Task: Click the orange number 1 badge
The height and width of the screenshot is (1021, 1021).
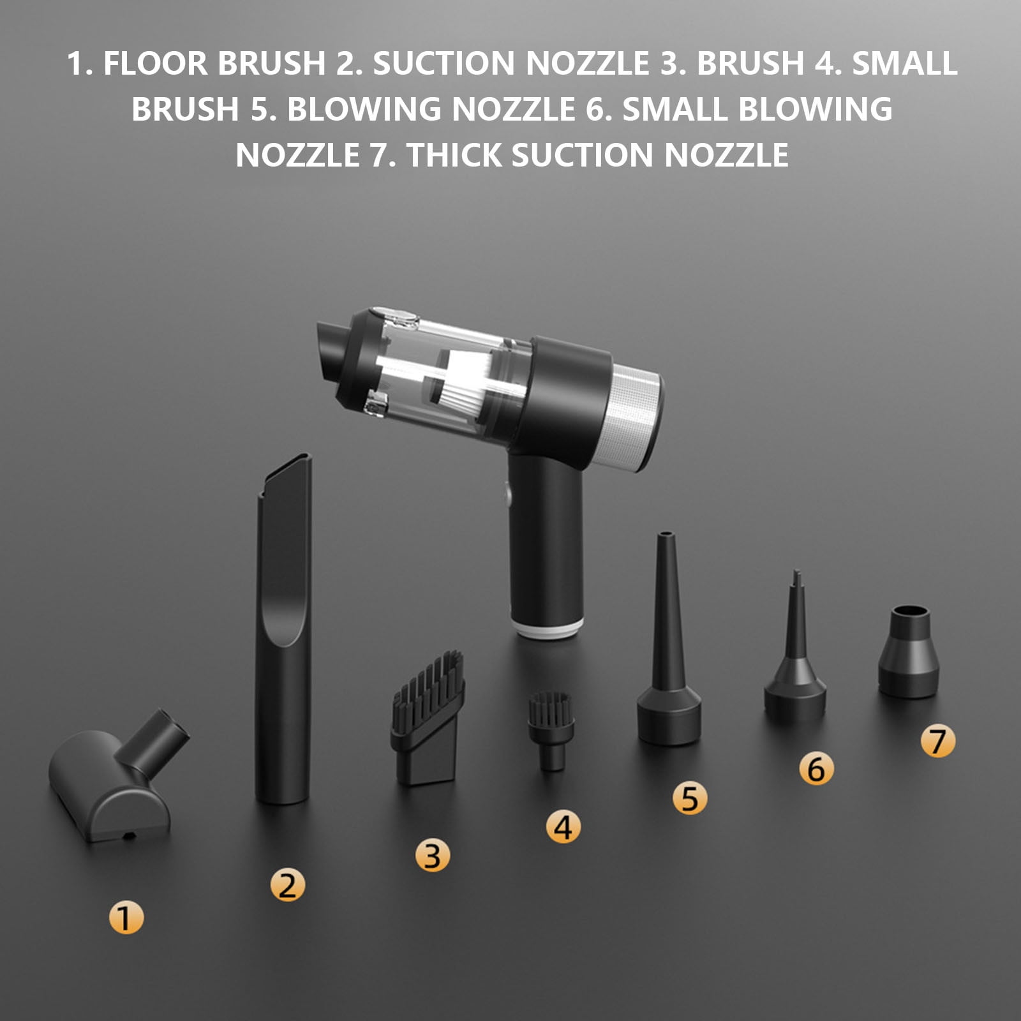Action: [x=126, y=918]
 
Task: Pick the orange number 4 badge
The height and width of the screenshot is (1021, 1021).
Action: [x=563, y=827]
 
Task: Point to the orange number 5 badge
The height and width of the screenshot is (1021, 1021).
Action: [x=690, y=798]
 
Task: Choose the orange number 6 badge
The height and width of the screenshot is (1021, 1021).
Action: [x=816, y=768]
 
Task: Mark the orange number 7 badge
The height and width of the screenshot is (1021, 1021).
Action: [x=937, y=741]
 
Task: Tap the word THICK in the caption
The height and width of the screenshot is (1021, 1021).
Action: [x=454, y=156]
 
